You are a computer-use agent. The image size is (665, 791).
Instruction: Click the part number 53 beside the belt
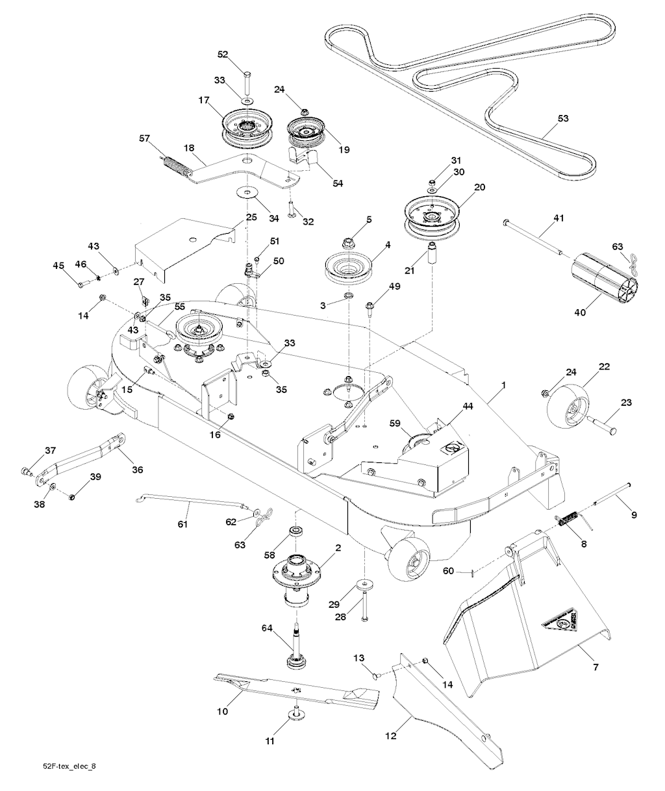563,119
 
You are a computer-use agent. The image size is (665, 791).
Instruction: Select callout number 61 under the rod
182,525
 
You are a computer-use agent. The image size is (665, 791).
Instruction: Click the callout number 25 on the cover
251,217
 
